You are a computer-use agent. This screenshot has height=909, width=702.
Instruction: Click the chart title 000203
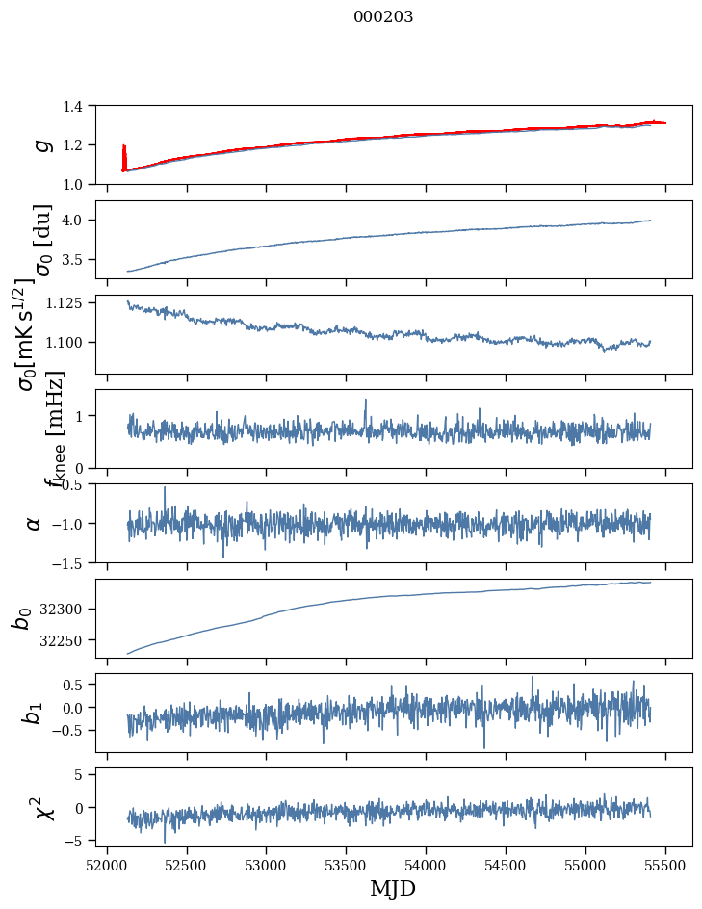click(x=383, y=17)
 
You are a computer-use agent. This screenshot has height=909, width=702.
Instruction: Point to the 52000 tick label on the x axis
click(x=107, y=864)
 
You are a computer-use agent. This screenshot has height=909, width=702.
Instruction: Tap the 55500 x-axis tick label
click(x=666, y=864)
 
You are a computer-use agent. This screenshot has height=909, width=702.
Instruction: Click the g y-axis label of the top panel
click(x=41, y=144)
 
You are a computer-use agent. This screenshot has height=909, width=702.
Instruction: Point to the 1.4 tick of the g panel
click(x=82, y=106)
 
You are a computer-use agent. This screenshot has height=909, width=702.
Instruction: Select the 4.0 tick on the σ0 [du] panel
click(x=82, y=221)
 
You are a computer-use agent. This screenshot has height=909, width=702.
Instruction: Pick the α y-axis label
click(x=34, y=523)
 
